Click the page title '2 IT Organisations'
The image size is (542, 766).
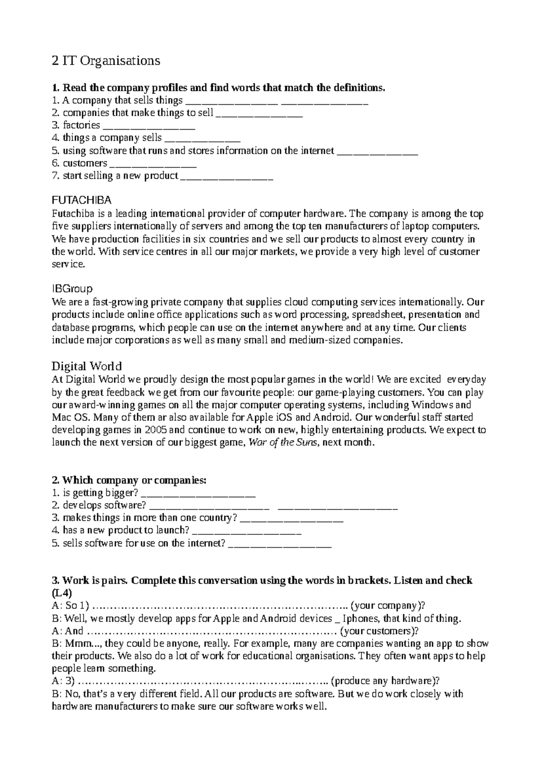[106, 61]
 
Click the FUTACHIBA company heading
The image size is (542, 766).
[82, 200]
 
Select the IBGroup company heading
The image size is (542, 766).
[72, 289]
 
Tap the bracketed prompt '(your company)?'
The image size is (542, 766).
[388, 606]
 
